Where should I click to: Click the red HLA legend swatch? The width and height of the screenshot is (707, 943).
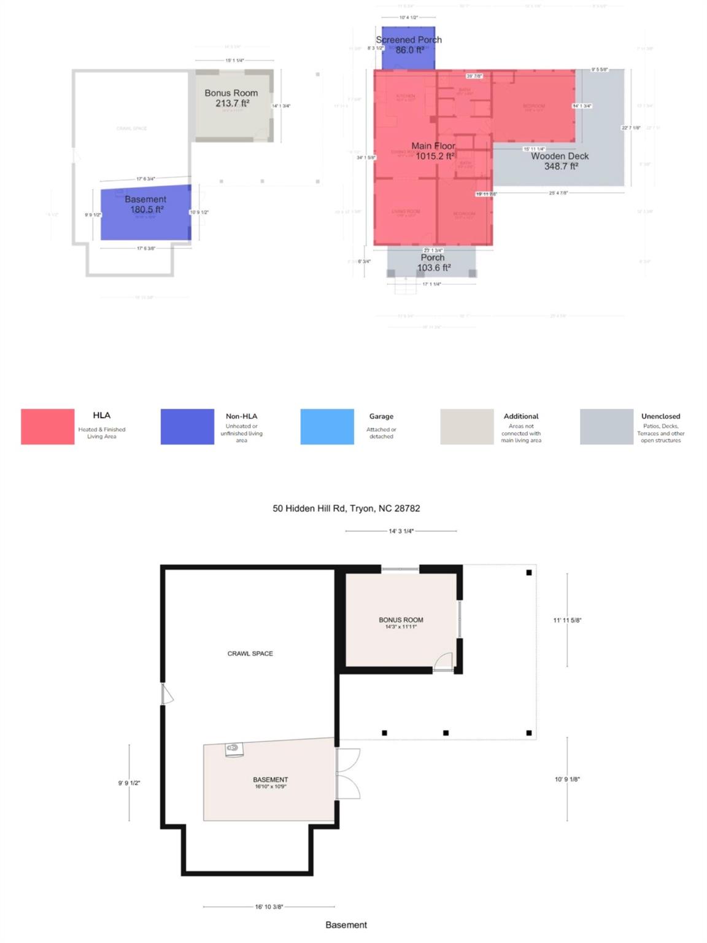[47, 427]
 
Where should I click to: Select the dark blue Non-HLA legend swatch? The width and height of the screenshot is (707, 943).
[187, 427]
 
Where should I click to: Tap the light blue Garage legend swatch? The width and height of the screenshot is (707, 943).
[327, 427]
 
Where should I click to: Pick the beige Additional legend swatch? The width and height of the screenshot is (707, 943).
[467, 427]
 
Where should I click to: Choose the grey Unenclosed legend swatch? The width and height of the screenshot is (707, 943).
[606, 427]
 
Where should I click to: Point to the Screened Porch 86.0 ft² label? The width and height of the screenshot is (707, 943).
[409, 45]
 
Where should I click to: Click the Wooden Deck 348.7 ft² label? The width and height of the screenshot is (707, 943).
[560, 161]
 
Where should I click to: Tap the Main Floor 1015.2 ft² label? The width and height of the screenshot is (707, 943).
[433, 151]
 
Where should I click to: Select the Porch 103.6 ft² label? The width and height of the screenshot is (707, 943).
[433, 263]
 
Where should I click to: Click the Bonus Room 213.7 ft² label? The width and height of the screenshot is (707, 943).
[231, 98]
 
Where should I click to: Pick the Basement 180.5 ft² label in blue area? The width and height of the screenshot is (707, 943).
[146, 204]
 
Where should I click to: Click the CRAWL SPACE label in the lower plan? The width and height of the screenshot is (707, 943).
[250, 654]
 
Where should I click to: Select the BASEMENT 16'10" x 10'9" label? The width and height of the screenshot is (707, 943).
[271, 783]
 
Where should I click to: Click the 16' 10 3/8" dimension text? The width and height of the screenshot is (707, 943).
[269, 906]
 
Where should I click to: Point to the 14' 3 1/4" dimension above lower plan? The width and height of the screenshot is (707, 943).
[401, 531]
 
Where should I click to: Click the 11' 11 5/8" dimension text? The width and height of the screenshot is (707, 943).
[567, 620]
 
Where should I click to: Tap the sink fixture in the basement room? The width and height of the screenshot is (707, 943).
[233, 748]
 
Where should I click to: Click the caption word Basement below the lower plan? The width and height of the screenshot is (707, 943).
[346, 925]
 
